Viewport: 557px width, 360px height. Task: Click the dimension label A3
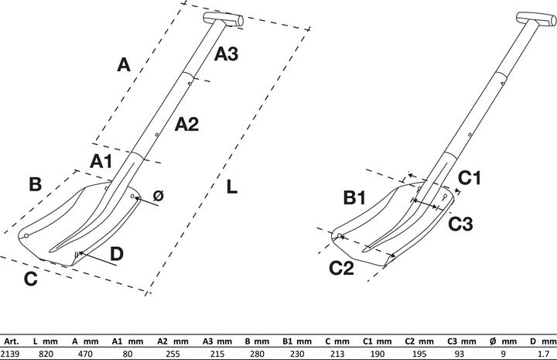(226, 53)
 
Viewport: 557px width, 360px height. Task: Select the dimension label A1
(101, 161)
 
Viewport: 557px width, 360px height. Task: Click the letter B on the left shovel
(35, 184)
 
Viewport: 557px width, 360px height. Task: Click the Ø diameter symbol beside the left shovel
(158, 197)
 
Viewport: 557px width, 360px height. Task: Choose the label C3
(461, 223)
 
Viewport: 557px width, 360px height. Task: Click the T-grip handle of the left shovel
(224, 18)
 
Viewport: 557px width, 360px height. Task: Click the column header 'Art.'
(12, 341)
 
